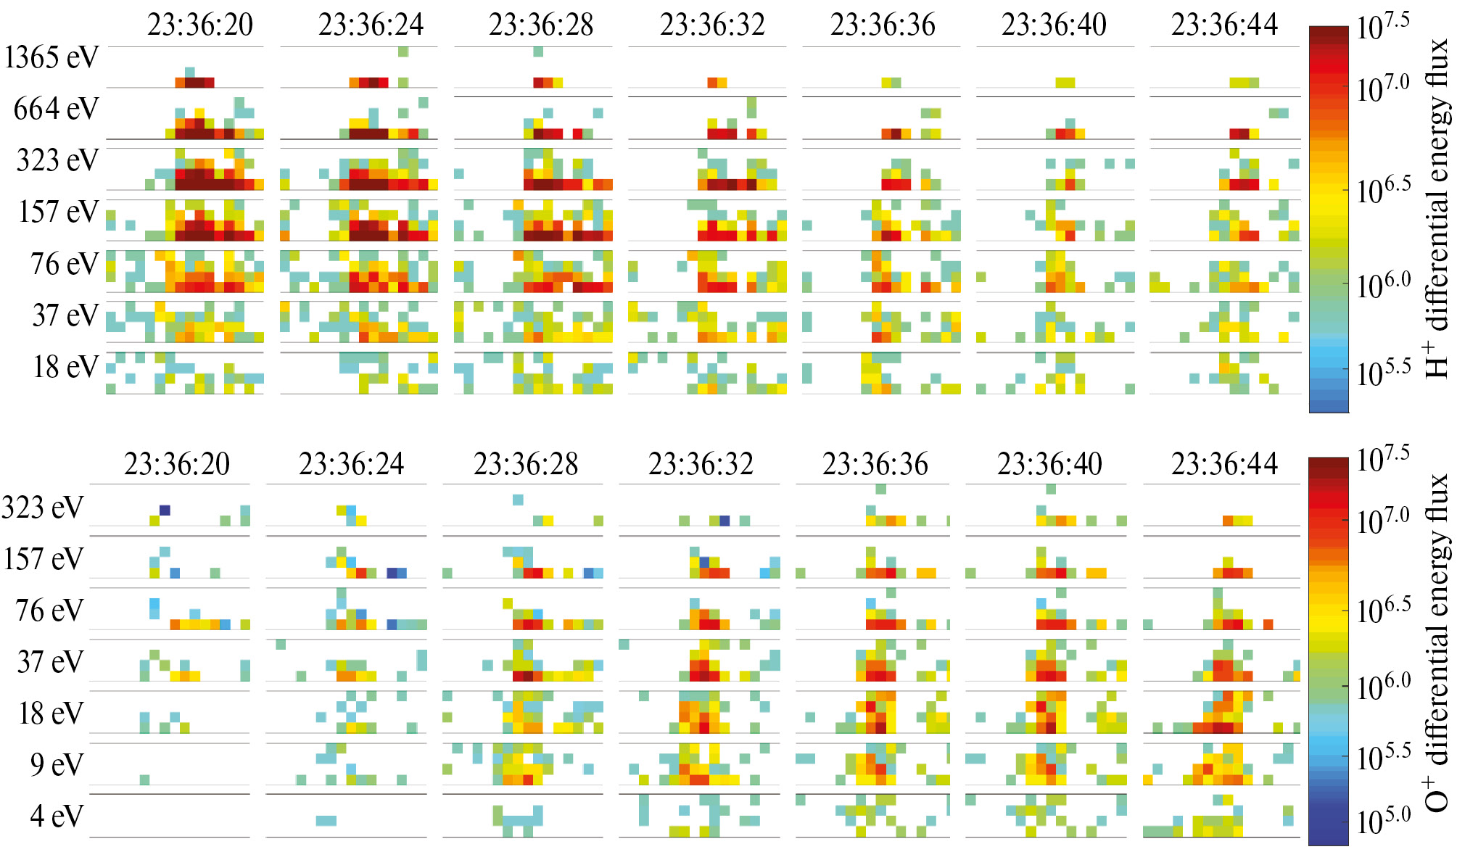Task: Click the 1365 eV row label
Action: click(51, 57)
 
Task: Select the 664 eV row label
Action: click(56, 109)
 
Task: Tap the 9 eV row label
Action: click(57, 764)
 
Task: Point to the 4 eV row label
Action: click(57, 816)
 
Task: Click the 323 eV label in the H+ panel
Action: click(57, 160)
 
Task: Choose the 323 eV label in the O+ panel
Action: click(43, 508)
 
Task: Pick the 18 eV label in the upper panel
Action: click(65, 367)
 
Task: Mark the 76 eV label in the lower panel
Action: click(49, 611)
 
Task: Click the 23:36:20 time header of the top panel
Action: click(200, 25)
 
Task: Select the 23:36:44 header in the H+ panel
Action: click(1224, 25)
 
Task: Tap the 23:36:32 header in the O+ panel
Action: click(701, 464)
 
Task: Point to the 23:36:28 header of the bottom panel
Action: click(526, 464)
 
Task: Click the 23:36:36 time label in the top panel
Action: click(883, 25)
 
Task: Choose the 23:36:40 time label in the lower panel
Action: click(1049, 464)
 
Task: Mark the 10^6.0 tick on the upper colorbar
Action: click(1384, 285)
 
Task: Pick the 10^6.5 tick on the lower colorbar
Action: click(1384, 610)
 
